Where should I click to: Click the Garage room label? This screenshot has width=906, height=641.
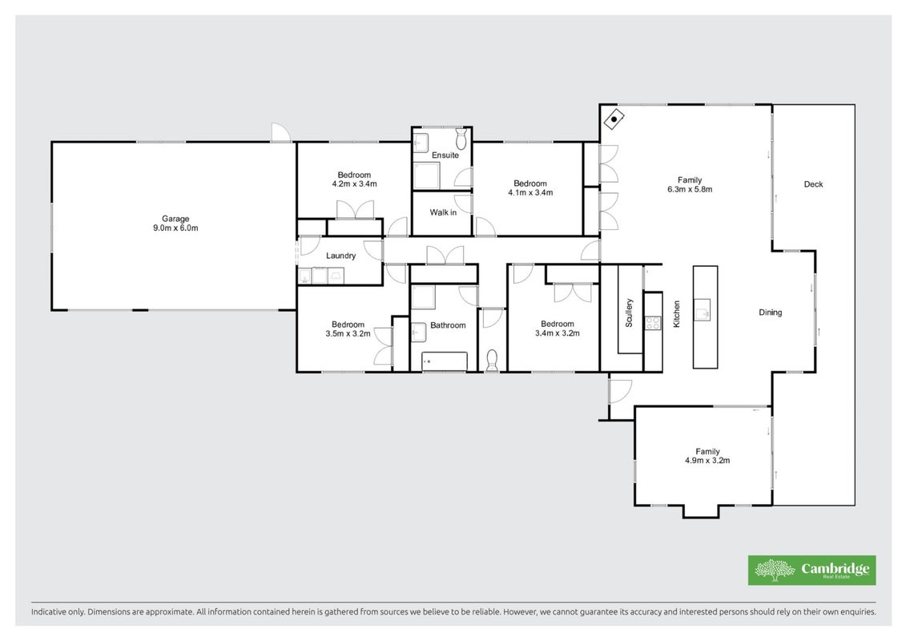(175, 219)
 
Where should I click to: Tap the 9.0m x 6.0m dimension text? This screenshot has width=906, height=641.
(175, 228)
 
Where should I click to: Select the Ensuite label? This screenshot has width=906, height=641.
(445, 155)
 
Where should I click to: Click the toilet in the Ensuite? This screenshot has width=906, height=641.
(461, 139)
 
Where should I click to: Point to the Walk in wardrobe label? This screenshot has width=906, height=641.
(443, 212)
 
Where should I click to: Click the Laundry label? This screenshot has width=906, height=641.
(341, 256)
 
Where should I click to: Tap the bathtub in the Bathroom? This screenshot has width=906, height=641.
(445, 361)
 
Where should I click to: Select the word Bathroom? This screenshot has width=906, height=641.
(448, 325)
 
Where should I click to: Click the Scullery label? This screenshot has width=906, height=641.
(629, 312)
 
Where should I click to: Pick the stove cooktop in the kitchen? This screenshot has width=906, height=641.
(653, 323)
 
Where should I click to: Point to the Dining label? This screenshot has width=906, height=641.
(770, 312)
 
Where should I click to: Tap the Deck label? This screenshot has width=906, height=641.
(814, 184)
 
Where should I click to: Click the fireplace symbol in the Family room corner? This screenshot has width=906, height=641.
(614, 119)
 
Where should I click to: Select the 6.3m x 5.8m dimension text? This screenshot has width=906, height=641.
(690, 189)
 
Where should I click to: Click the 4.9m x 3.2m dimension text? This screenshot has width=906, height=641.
(708, 461)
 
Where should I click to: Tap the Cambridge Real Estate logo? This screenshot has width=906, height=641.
(811, 570)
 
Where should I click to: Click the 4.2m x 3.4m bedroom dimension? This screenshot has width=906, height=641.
(354, 183)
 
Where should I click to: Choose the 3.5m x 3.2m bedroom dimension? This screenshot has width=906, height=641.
(348, 333)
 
